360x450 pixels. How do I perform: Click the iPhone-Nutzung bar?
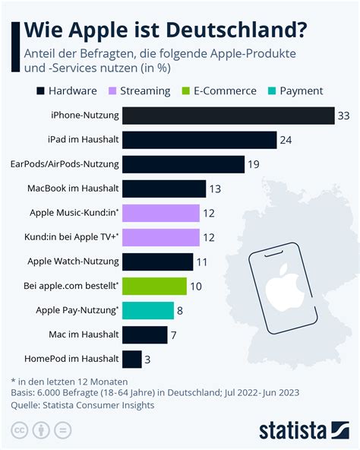pyautogui.click(x=229, y=116)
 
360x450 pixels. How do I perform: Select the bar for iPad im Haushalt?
pyautogui.click(x=199, y=140)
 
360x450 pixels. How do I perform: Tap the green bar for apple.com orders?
pyautogui.click(x=154, y=286)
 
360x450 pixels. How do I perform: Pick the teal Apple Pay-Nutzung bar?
pyautogui.click(x=148, y=311)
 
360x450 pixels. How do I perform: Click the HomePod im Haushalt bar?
pyautogui.click(x=132, y=360)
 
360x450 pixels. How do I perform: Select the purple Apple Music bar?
pyautogui.click(x=161, y=214)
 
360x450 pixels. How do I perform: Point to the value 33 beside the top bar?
pyautogui.click(x=343, y=116)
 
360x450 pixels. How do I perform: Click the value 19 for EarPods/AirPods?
pyautogui.click(x=254, y=164)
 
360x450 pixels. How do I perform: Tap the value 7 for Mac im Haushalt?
pyautogui.click(x=174, y=335)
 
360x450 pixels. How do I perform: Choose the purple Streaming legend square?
pyautogui.click(x=112, y=91)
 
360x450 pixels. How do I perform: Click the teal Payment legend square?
pyautogui.click(x=272, y=91)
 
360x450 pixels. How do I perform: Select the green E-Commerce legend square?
pyautogui.click(x=186, y=91)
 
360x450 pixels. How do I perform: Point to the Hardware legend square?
pyautogui.click(x=40, y=91)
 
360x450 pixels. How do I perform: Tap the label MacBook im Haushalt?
pyautogui.click(x=73, y=189)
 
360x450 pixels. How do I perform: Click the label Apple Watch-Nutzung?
pyautogui.click(x=73, y=261)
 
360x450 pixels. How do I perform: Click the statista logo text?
pyautogui.click(x=292, y=430)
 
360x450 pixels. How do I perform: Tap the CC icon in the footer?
pyautogui.click(x=20, y=430)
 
